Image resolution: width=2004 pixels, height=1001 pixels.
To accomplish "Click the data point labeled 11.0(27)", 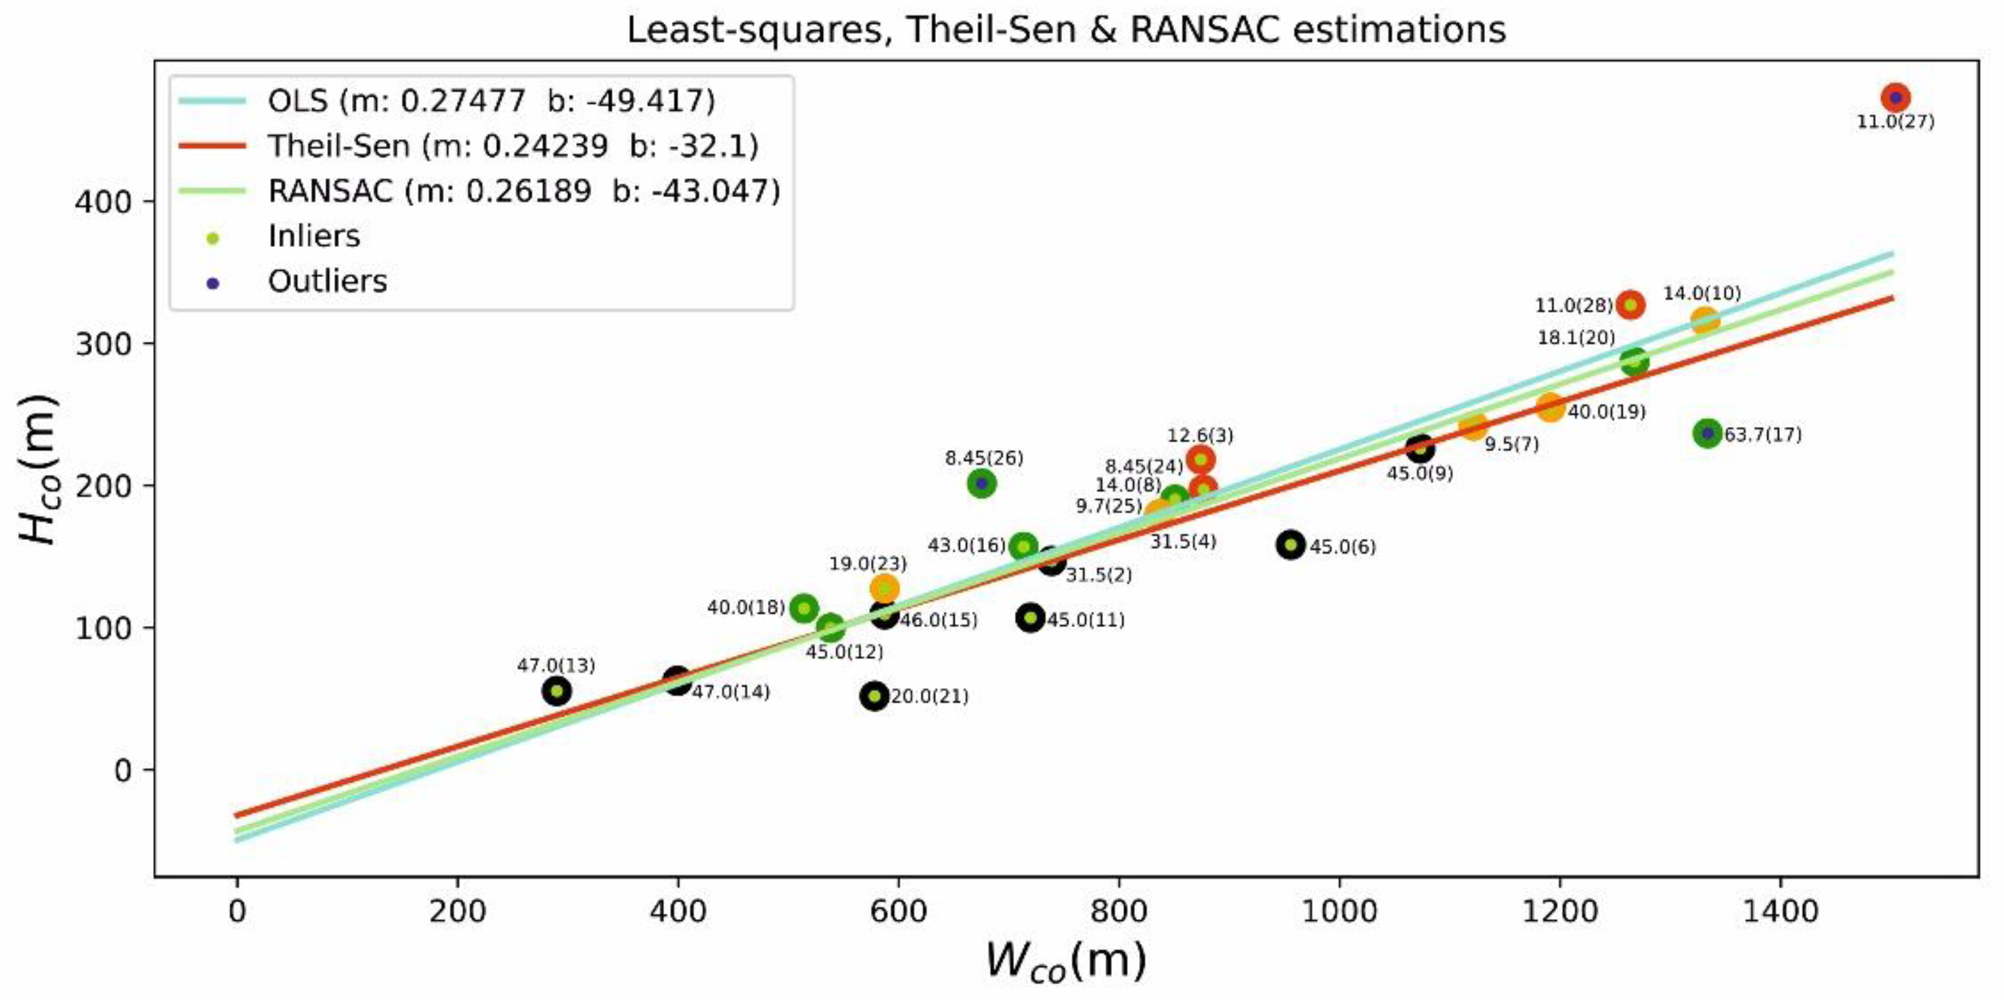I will [1896, 97].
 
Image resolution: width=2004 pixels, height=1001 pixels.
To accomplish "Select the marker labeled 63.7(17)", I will [1708, 434].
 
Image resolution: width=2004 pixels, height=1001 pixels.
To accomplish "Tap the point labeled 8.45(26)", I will [982, 483].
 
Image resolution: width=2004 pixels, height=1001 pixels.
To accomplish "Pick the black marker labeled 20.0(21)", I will [874, 696].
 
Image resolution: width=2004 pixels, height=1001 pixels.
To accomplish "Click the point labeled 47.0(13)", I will [556, 691].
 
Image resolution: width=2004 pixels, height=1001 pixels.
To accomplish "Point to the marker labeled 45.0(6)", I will [1291, 545].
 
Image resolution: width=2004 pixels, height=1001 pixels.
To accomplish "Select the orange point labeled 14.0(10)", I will [1704, 320].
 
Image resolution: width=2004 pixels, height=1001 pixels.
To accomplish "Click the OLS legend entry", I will [490, 101].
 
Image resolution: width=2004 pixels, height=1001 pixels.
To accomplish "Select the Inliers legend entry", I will [313, 236].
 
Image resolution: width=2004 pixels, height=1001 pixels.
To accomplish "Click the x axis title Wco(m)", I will [1066, 960].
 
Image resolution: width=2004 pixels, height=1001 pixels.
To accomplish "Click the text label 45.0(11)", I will [1085, 621].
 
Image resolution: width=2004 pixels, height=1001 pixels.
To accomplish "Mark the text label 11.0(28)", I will [1573, 305].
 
